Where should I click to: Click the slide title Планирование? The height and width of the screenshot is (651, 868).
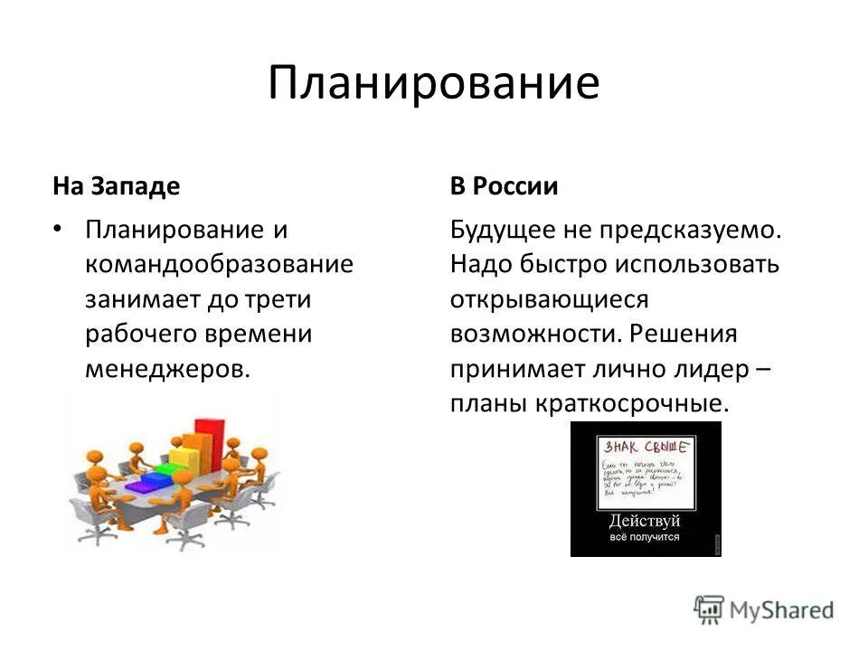click(433, 84)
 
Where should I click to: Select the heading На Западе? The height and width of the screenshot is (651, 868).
click(116, 187)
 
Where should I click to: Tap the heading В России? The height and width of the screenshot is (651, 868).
click(504, 187)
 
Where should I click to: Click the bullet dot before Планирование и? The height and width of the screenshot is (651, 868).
click(59, 230)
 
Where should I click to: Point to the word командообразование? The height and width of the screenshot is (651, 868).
click(219, 265)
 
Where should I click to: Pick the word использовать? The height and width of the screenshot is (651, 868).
click(696, 265)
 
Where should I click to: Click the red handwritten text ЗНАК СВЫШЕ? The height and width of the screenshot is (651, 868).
click(646, 447)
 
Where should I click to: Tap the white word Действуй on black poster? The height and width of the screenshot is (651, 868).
click(645, 522)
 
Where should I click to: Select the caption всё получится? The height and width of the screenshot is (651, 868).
click(645, 538)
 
